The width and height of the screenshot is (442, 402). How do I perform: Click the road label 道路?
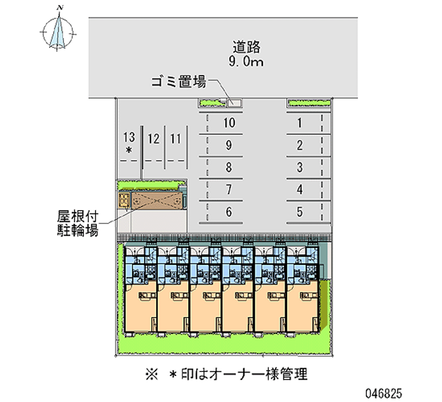coord(246,46)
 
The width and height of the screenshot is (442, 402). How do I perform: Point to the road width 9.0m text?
coord(246,62)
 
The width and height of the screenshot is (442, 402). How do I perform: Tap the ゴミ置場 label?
coord(178,83)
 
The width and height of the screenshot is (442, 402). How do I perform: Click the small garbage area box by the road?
coord(235,102)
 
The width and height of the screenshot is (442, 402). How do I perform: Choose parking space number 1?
coord(299,123)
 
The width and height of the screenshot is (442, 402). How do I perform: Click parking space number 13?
coord(129,138)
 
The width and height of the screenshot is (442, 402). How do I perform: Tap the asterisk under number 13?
coord(129,150)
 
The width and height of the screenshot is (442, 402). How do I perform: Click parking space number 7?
coord(229,190)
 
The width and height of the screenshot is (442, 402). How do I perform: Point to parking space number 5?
coord(299,211)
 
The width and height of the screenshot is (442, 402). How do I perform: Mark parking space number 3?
coord(299,167)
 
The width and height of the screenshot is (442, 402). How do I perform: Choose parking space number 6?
coord(229,211)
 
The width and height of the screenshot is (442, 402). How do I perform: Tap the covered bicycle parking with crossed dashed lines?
coord(155,200)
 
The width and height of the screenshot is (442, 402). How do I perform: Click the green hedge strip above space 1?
coord(309,103)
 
